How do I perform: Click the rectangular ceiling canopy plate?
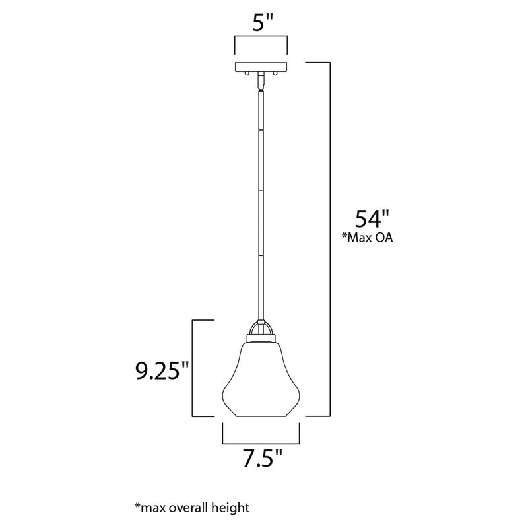click(x=261, y=67)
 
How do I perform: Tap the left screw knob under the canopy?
click(x=247, y=75)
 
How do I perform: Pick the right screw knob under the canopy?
click(x=276, y=75)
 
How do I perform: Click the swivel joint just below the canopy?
click(x=261, y=79)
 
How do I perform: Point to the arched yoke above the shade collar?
click(x=261, y=327)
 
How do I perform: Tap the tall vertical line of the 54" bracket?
click(x=329, y=238)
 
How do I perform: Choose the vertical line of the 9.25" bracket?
click(x=193, y=368)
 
